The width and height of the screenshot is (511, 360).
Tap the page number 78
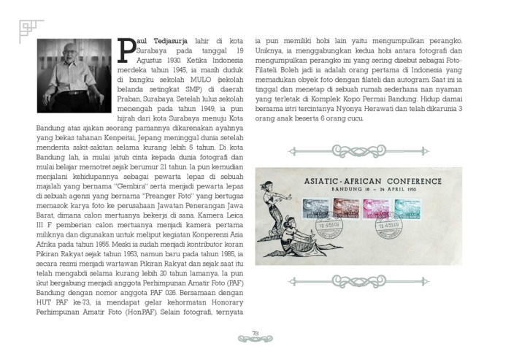pyautogui.click(x=255, y=334)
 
